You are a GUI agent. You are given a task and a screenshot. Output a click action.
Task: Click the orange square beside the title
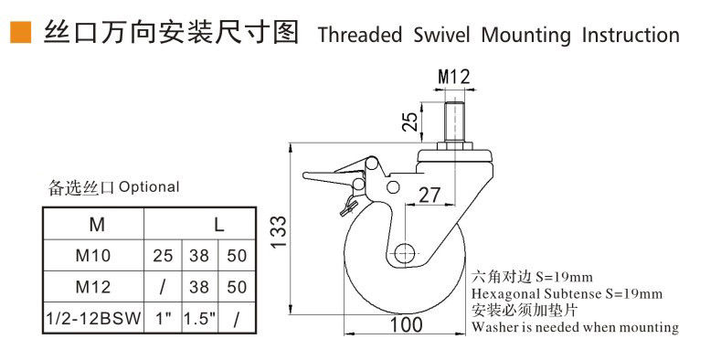pos(20,32)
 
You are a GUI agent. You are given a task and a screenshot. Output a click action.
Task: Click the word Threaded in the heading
pos(359,35)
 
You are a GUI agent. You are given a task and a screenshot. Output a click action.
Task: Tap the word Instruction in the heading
pos(631,35)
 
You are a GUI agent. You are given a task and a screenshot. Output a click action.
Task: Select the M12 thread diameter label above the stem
pos(454,77)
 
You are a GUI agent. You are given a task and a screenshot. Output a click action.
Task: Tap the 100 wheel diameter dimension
pos(406,324)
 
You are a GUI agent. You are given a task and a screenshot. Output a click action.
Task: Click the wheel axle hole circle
pos(406,252)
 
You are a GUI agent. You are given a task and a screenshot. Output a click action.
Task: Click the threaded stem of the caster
pos(453,122)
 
